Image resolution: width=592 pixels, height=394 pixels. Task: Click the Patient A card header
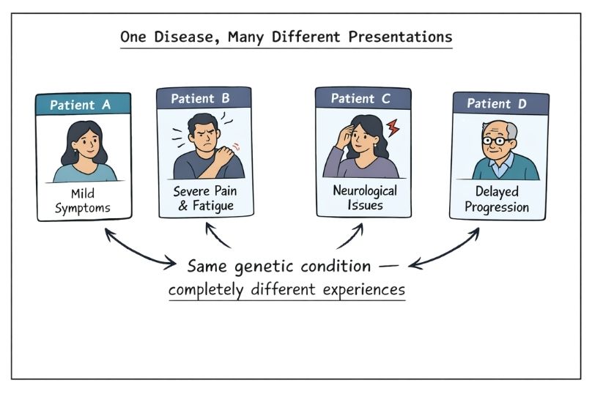coord(84,105)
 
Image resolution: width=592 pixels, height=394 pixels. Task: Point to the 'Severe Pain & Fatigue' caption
coord(206,198)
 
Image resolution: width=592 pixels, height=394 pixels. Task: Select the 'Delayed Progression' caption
coord(500,200)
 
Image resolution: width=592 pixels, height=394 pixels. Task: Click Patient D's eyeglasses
coord(497,141)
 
